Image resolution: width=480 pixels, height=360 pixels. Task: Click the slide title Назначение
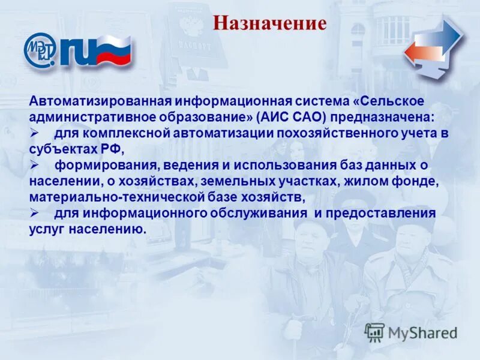[269, 23]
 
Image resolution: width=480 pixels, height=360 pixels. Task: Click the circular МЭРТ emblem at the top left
[40, 50]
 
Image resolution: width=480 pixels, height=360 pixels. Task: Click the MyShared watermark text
[422, 333]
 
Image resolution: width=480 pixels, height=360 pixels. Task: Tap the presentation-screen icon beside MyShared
[374, 332]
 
